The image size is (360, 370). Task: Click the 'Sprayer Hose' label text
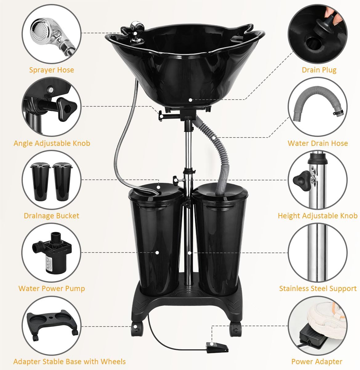point(51,70)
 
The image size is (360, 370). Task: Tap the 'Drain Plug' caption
point(319,70)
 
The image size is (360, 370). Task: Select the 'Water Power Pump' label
point(52,288)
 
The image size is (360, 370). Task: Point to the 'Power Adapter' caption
point(317,361)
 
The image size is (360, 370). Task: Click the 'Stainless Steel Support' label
point(318,288)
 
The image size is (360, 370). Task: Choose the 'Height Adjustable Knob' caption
point(318,216)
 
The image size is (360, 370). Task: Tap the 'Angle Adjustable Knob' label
point(52,143)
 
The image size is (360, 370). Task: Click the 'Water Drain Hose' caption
point(318,143)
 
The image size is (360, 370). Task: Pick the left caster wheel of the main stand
point(137,329)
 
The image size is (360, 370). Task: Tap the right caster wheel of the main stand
point(236,329)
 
